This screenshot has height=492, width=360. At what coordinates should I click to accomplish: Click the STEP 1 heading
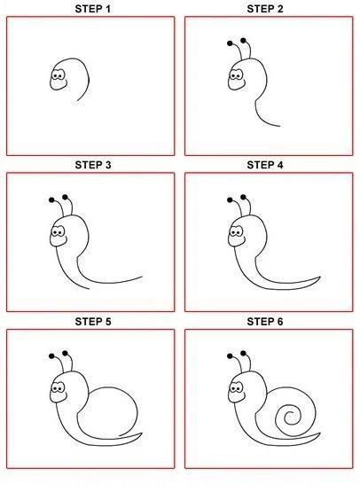(x=92, y=9)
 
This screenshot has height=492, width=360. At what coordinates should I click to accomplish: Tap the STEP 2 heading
(x=265, y=9)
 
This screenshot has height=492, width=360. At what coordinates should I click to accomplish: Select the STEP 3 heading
(x=92, y=165)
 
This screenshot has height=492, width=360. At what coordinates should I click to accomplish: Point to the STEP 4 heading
(x=265, y=165)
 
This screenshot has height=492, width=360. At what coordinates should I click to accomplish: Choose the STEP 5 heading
(x=92, y=322)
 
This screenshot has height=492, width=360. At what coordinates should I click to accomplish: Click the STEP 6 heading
(x=265, y=322)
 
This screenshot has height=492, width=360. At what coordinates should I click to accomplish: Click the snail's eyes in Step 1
(x=58, y=75)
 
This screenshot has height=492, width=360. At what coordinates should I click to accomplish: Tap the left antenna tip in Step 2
(x=230, y=43)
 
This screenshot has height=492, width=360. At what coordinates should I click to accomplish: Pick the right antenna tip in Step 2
(x=243, y=41)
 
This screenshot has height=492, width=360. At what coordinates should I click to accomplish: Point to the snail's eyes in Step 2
(x=236, y=75)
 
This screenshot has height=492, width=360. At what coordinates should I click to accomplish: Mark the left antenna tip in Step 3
(x=51, y=199)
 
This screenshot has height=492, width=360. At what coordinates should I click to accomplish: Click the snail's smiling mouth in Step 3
(x=61, y=242)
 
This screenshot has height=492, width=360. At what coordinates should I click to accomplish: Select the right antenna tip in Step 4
(x=243, y=197)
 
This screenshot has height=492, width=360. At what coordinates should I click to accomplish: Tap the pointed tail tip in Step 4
(x=320, y=277)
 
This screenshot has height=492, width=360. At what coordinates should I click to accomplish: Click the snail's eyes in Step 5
(x=58, y=388)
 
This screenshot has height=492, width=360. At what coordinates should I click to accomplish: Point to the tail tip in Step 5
(x=142, y=433)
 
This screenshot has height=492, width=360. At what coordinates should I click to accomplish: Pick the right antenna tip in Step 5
(x=65, y=354)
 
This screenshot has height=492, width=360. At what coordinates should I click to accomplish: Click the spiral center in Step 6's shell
(x=290, y=418)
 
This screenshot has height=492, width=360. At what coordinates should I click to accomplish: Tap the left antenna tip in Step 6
(x=230, y=356)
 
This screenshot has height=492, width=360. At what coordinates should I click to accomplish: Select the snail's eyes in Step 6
(x=236, y=388)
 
